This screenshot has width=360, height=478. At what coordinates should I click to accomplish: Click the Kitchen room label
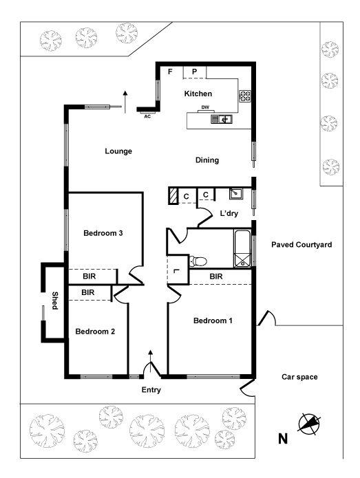198,94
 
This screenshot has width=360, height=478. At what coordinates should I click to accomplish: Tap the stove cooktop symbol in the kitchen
244,96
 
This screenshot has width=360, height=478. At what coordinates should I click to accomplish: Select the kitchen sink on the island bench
222,119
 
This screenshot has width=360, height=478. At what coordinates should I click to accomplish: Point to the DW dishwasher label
205,107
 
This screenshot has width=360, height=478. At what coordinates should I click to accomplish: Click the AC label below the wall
147,116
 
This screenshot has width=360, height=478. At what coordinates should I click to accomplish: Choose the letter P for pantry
194,72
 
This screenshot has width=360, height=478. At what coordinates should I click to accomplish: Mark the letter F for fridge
170,72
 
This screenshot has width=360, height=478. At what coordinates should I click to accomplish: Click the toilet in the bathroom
198,261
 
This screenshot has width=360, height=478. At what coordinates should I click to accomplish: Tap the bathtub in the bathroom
242,249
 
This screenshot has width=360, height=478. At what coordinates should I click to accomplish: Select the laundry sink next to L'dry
236,193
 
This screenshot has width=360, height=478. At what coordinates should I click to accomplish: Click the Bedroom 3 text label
103,233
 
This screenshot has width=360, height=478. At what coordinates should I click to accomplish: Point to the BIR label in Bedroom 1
216,276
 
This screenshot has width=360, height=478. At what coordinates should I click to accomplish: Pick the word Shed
54,301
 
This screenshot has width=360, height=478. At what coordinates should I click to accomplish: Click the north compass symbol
309,424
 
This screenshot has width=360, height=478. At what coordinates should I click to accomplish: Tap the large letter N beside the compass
283,439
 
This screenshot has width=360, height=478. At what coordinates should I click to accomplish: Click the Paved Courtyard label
301,244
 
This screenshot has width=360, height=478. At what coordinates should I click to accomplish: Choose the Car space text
299,377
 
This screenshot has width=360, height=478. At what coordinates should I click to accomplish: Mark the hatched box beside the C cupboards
173,196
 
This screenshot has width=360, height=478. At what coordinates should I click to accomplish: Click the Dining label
207,160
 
